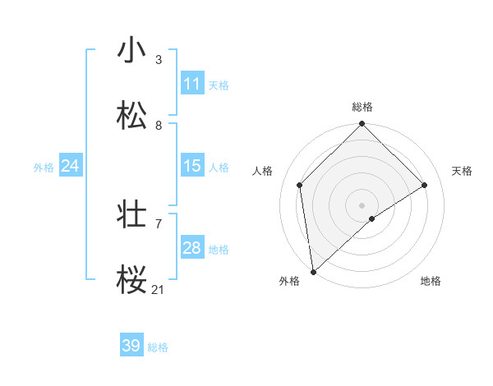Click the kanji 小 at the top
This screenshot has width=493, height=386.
click(131, 50)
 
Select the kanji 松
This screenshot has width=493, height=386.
click(131, 116)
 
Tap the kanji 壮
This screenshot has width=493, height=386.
click(131, 215)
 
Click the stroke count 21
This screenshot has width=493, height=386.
click(159, 289)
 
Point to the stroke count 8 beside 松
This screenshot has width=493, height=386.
click(159, 125)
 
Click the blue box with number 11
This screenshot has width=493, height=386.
click(192, 84)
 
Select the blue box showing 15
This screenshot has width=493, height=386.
click(192, 166)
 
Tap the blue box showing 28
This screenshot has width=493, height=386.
click(192, 248)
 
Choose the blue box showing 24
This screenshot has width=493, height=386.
click(71, 166)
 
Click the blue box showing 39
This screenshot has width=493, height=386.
click(131, 346)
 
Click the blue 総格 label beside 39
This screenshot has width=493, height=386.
click(159, 347)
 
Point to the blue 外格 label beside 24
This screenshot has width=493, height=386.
click(44, 168)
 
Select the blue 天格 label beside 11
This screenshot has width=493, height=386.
click(219, 85)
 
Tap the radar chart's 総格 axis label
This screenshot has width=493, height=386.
click(362, 107)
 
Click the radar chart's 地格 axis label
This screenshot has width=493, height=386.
click(431, 281)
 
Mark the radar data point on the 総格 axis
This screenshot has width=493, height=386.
click(362, 125)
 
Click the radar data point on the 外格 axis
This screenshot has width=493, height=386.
click(313, 272)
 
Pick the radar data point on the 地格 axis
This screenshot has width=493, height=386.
click(372, 218)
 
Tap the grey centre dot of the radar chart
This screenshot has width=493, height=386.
click(362, 204)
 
